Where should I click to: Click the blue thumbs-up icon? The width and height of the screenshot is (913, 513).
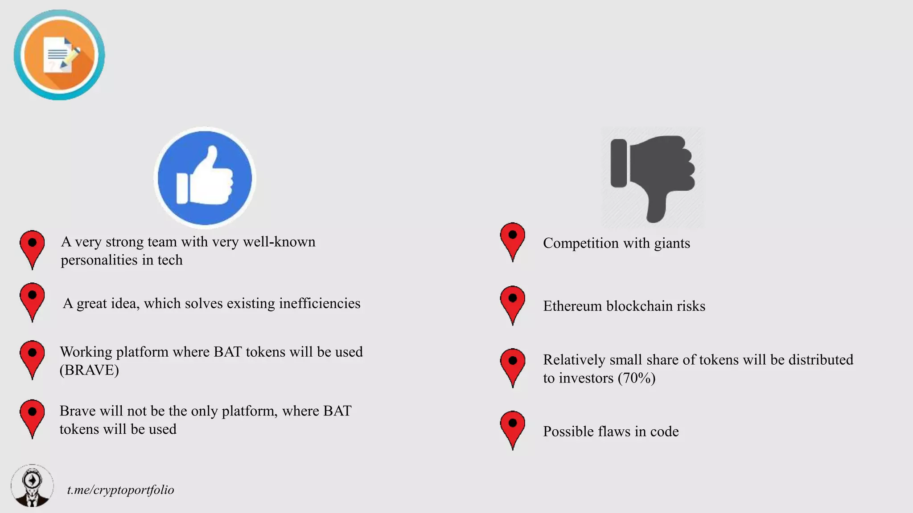click(x=205, y=178)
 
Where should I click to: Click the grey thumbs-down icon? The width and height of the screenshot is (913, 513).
click(x=653, y=178)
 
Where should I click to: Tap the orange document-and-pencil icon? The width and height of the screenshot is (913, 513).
click(x=59, y=55)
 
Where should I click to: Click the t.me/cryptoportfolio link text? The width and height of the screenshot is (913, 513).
click(x=120, y=490)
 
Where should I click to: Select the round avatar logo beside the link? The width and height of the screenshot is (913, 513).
click(x=32, y=486)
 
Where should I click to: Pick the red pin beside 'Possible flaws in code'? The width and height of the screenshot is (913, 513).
click(x=513, y=428)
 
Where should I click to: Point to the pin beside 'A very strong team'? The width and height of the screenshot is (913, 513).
click(x=32, y=248)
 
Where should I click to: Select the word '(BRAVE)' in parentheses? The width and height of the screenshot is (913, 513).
click(x=89, y=370)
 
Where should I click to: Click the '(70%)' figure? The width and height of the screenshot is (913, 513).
click(x=637, y=378)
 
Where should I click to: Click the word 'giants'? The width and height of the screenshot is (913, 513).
click(x=672, y=244)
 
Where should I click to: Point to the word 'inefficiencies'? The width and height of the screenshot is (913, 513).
click(x=320, y=303)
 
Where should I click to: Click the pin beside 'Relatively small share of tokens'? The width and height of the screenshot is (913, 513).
click(x=513, y=366)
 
